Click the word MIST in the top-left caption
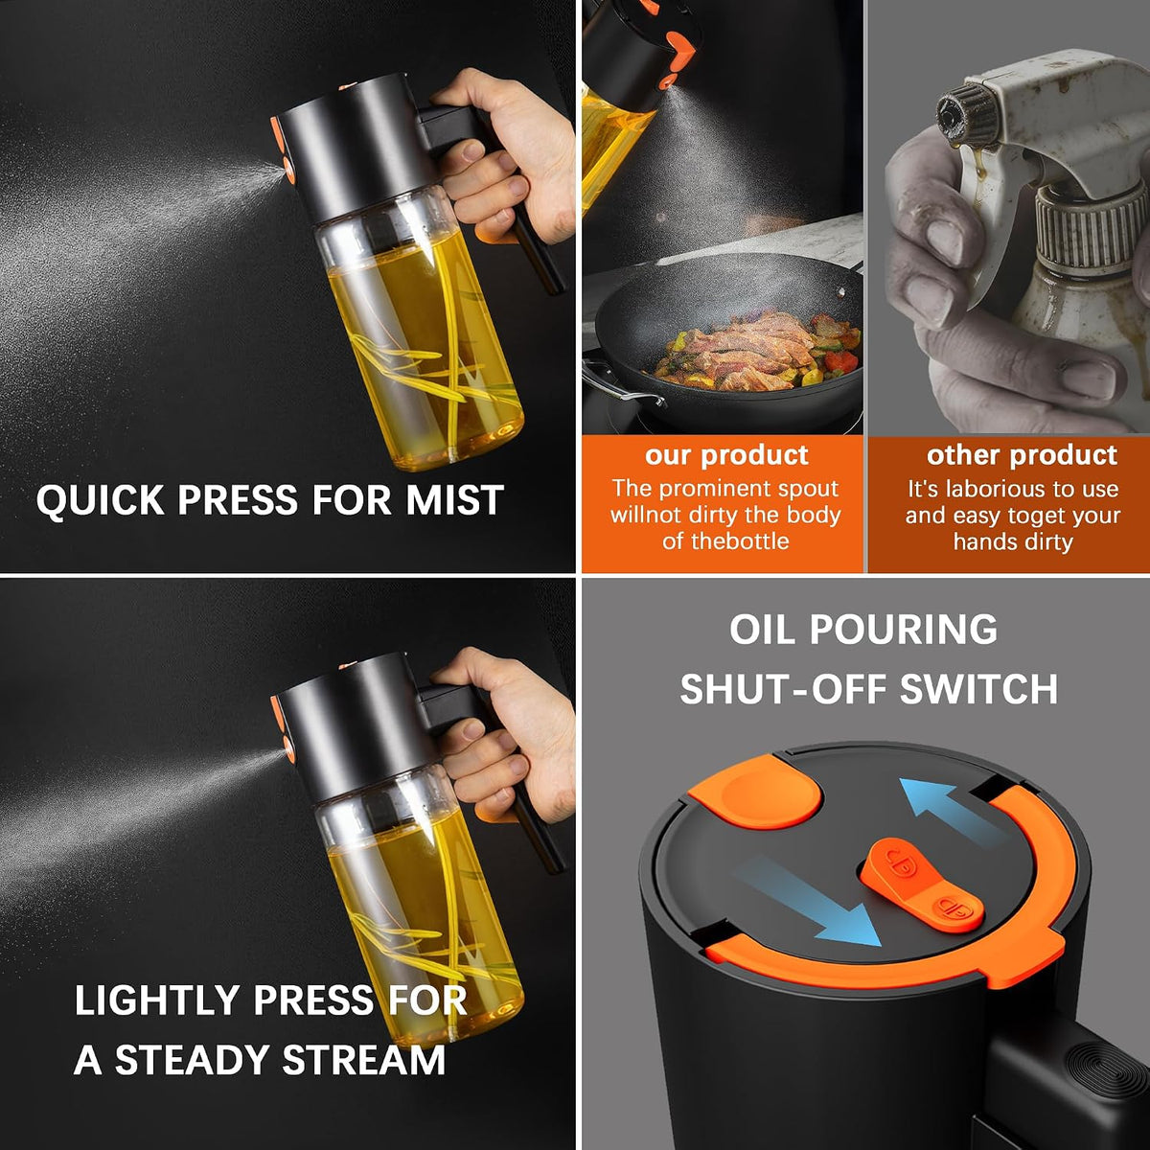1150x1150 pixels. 455,499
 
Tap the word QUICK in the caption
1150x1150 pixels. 101,500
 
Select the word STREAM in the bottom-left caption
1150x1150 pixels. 363,1060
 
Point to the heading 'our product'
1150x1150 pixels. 726,455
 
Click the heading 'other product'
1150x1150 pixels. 1022,455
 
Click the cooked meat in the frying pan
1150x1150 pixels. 753,351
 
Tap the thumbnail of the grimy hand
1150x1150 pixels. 947,242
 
